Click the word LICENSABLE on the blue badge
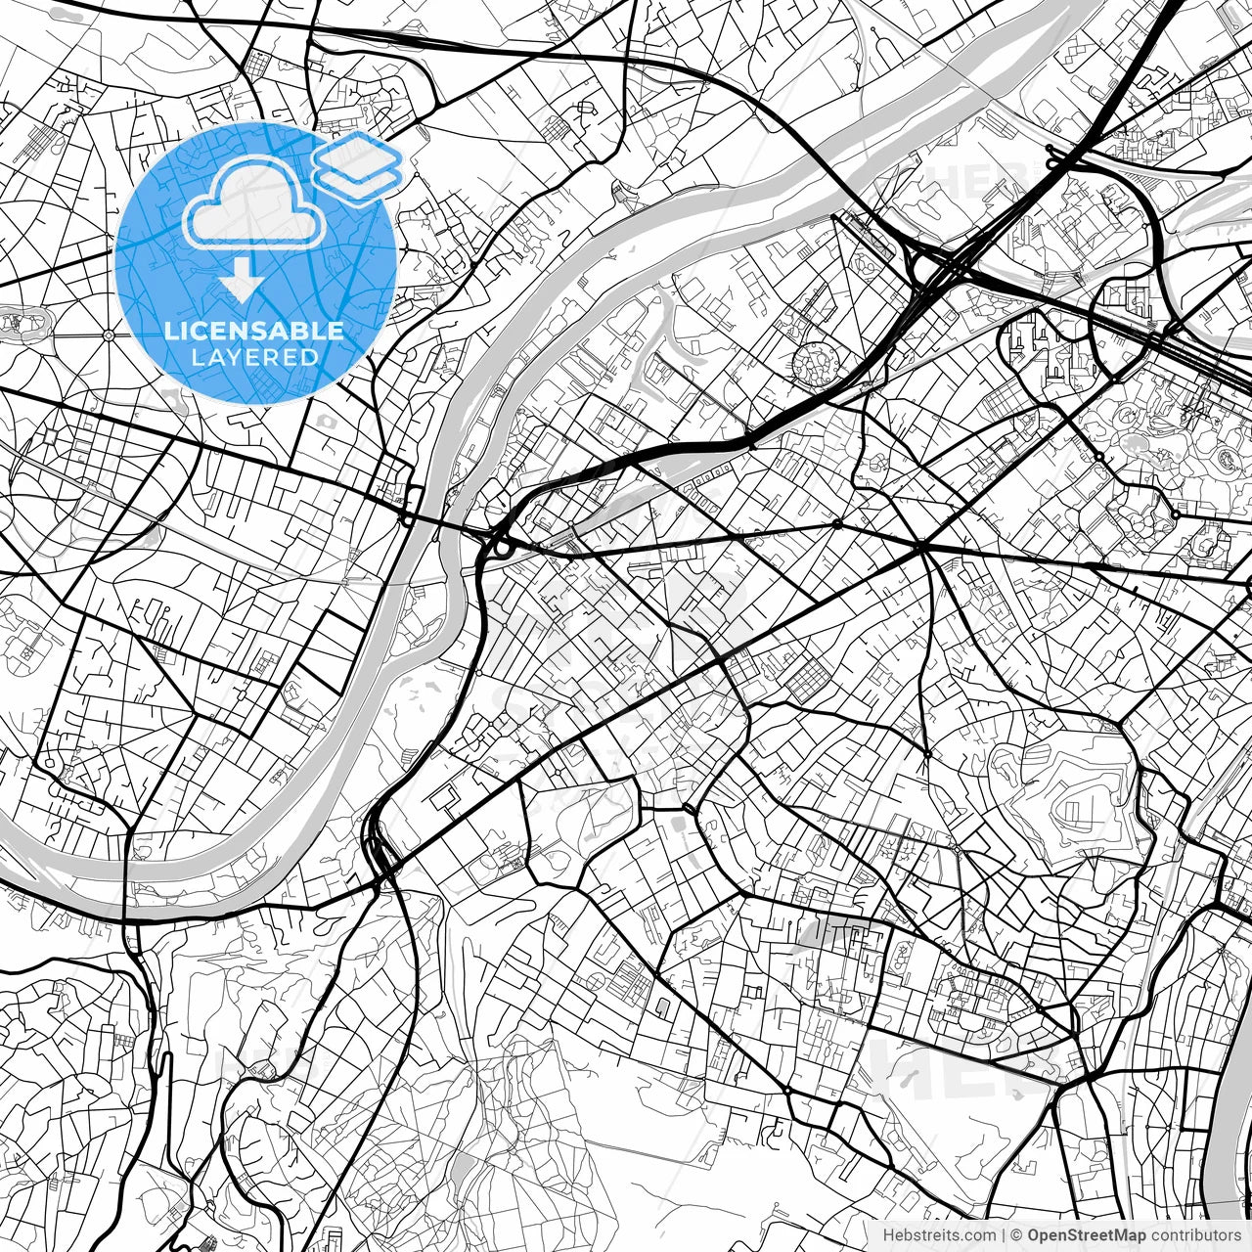(x=254, y=331)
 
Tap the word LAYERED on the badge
(x=254, y=357)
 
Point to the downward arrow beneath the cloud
(x=241, y=281)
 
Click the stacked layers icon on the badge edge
(x=358, y=166)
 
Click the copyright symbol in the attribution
(x=1016, y=1235)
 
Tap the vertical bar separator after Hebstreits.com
(x=1004, y=1235)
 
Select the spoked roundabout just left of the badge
(x=107, y=335)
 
